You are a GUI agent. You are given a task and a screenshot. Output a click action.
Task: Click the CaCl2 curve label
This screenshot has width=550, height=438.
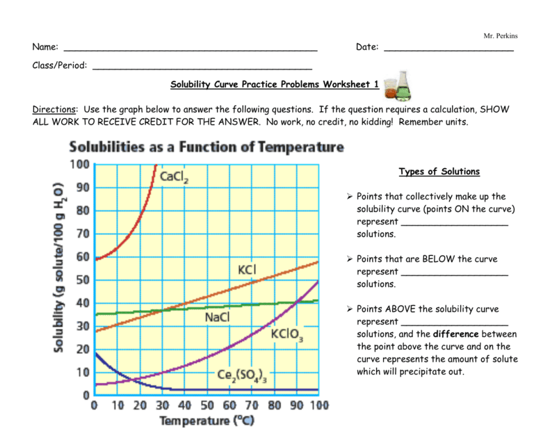(174, 177)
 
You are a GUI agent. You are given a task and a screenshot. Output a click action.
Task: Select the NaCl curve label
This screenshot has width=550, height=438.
(218, 317)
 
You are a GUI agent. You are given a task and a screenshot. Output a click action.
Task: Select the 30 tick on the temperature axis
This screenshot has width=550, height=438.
(162, 405)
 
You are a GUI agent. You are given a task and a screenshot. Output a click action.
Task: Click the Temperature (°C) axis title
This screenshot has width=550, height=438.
(206, 421)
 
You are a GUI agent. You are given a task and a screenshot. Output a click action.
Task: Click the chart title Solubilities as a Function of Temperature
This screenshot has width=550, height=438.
(205, 147)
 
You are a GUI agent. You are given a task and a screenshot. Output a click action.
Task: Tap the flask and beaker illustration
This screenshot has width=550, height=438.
(398, 86)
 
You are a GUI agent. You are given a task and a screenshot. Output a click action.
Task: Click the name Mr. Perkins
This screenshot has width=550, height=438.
(500, 36)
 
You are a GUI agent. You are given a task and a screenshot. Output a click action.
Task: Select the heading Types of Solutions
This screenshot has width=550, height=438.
(439, 172)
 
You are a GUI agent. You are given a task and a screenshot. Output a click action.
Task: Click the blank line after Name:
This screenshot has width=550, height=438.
(191, 49)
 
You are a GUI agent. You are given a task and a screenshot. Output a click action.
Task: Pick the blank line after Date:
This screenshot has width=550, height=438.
(448, 49)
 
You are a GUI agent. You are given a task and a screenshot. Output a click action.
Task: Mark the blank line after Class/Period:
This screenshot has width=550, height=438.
(202, 67)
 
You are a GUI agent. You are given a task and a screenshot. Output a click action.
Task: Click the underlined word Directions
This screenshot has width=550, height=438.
(54, 109)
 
